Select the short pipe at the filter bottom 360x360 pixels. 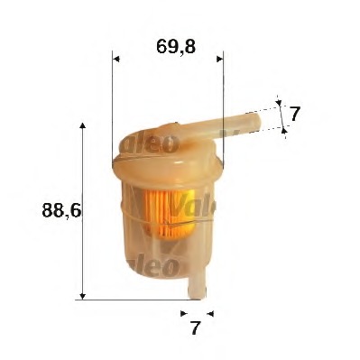click(197, 283)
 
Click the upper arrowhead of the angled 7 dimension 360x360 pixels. click(279, 104)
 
